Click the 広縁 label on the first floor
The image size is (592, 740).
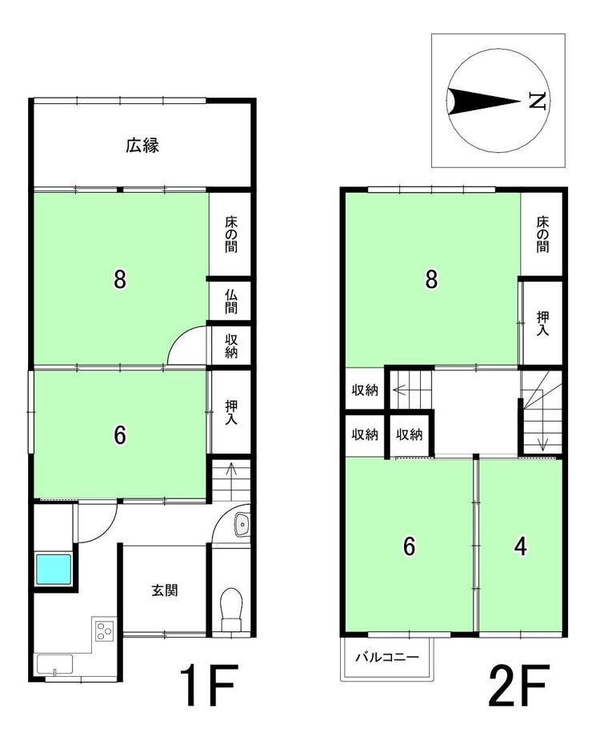(x=142, y=145)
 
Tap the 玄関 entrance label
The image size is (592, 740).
(x=165, y=590)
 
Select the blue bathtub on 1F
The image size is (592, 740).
(x=54, y=569)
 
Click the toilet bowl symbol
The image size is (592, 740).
(x=231, y=608)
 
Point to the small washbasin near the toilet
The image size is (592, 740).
(x=242, y=523)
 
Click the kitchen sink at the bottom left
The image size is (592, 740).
(x=54, y=665)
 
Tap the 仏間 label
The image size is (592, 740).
(x=231, y=302)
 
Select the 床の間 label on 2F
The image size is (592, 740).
(x=543, y=234)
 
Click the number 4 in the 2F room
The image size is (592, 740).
(x=521, y=546)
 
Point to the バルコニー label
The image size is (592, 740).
(x=387, y=658)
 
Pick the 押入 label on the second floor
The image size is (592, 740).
(x=543, y=323)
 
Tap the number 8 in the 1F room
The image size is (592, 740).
(x=120, y=279)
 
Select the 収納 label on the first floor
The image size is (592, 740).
(x=231, y=346)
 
